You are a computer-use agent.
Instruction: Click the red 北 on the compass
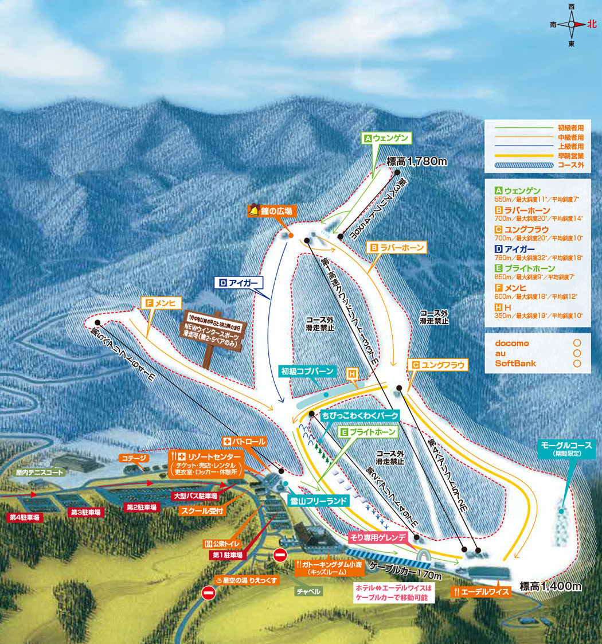pos(592,25)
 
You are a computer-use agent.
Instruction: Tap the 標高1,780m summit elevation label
pos(417,162)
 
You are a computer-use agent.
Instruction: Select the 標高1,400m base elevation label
pos(550,586)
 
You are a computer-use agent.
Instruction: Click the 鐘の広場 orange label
pos(272,211)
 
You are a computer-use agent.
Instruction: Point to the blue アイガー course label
pos(240,282)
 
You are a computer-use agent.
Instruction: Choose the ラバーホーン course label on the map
pos(398,248)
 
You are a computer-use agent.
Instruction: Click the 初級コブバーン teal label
pos(307,371)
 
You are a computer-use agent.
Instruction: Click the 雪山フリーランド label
pos(319,500)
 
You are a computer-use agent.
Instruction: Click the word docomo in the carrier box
pos(512,343)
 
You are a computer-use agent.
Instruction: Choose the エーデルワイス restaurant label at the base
pos(480,592)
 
